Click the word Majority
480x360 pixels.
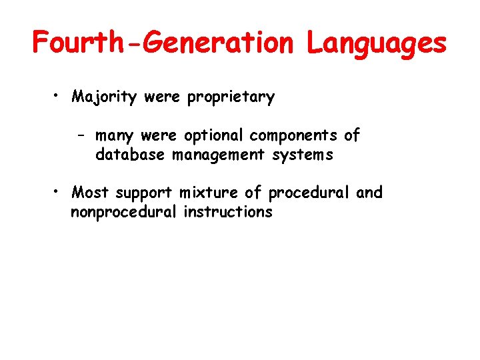pos(104,97)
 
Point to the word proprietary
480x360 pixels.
pos(231,97)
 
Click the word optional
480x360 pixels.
pos(214,136)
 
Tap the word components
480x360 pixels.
pos(294,136)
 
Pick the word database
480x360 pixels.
pos(131,155)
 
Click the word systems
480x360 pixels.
pos(302,155)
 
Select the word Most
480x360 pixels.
pos(91,193)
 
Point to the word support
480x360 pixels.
pos(145,194)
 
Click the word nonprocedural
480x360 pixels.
pos(123,213)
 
